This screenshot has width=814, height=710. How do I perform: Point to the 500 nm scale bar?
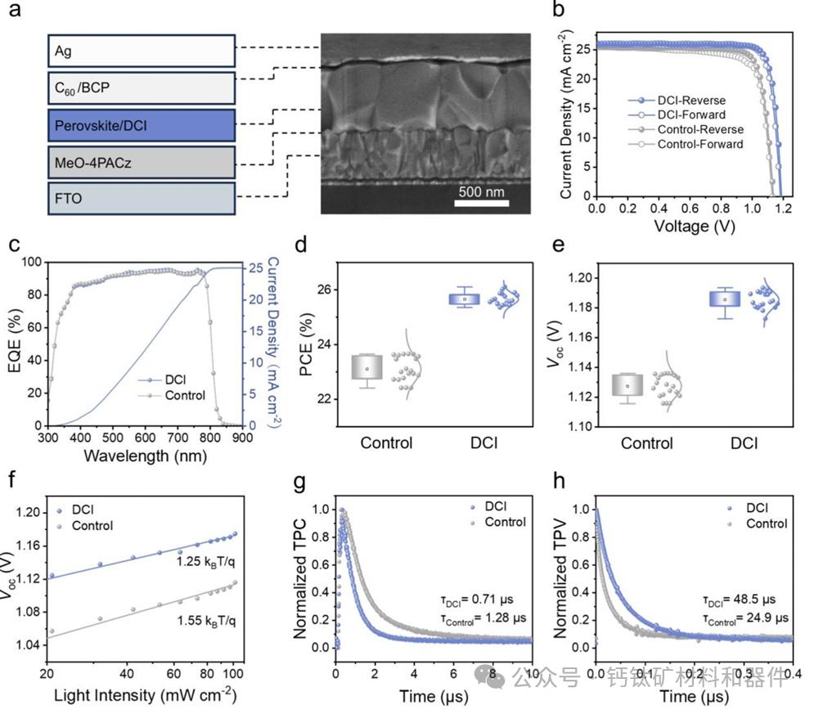(488, 200)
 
